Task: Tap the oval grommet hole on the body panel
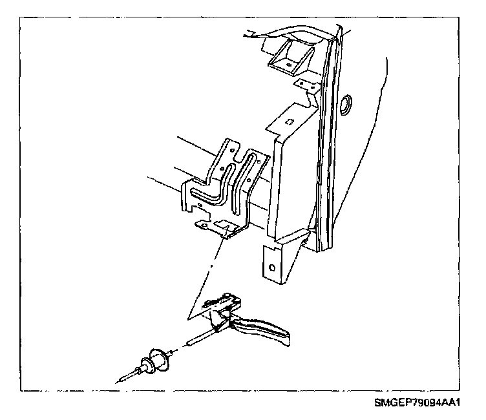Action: coord(347,103)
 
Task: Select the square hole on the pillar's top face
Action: coord(290,121)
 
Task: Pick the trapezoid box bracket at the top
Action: coord(288,58)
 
